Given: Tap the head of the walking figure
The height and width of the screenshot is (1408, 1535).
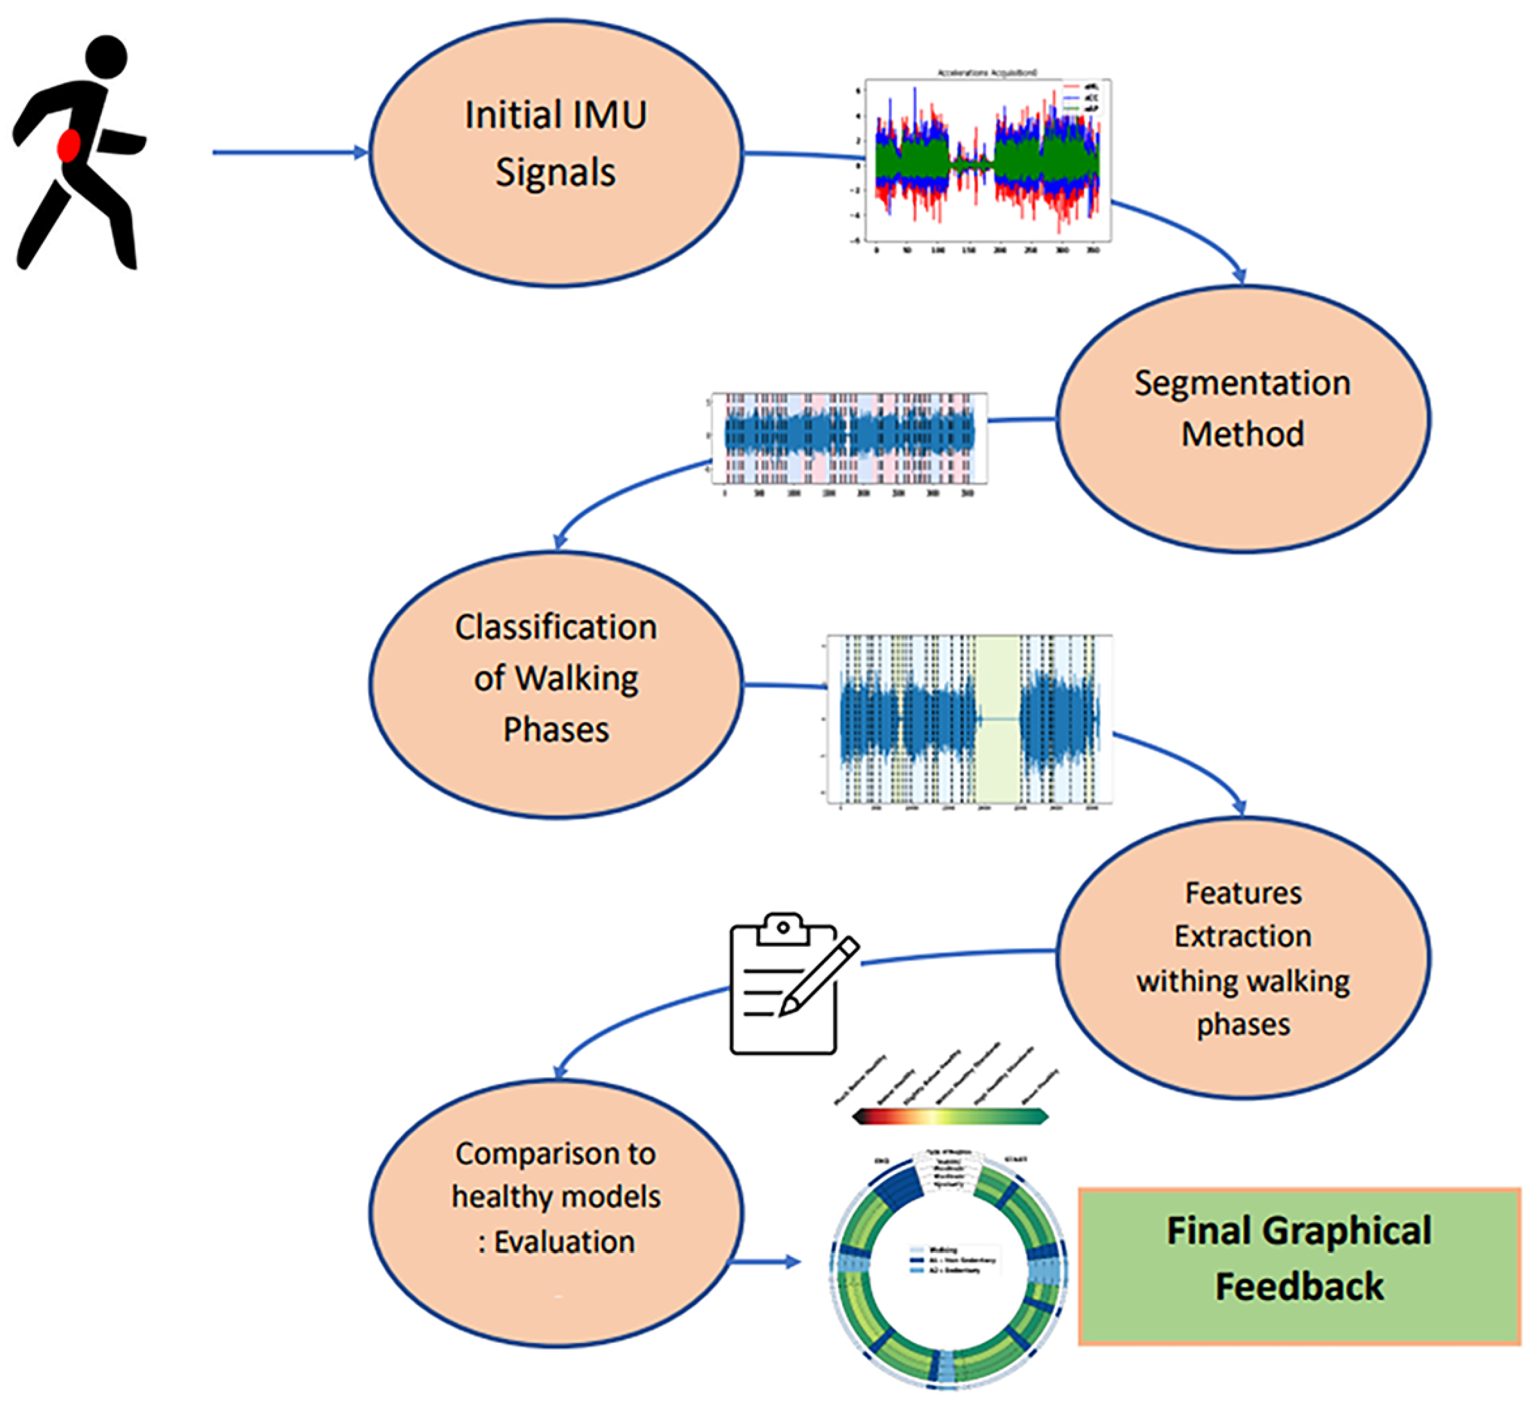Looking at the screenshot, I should [106, 56].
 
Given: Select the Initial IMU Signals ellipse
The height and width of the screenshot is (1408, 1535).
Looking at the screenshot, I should [556, 152].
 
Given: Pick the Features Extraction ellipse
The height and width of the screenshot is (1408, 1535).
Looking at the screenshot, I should [1243, 958].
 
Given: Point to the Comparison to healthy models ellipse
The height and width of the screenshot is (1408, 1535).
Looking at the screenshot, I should [556, 1211].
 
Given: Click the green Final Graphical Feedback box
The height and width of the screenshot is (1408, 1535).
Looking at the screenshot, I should [1299, 1265].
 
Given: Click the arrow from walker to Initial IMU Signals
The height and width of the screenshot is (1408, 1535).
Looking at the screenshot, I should [289, 152].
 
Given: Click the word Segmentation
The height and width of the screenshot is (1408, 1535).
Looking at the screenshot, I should [1243, 382].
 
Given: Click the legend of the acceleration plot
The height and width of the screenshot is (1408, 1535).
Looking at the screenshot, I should [1082, 98].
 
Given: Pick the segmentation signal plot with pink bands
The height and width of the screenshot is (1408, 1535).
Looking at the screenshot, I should [849, 437].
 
